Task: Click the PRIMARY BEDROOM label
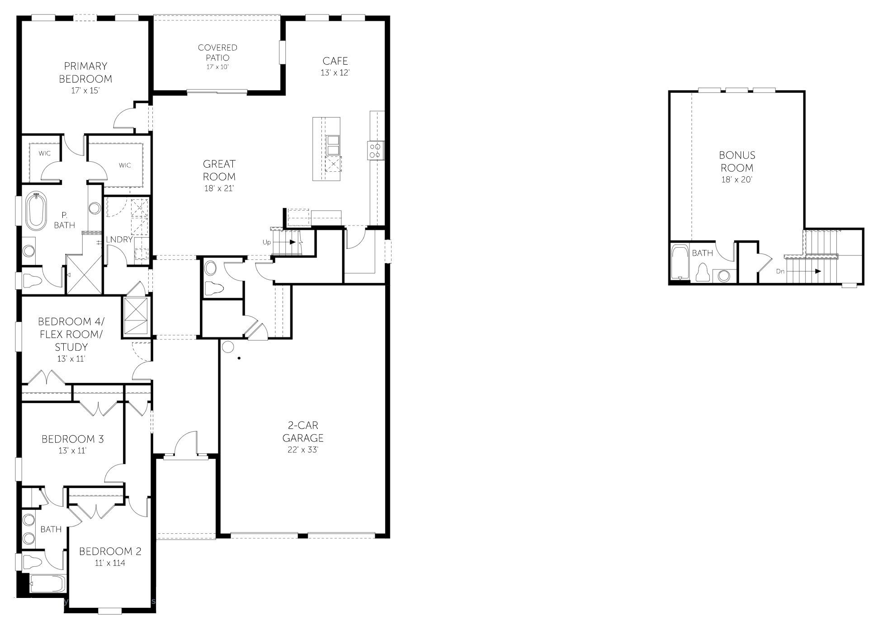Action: [x=85, y=72]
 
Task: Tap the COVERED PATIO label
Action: [x=217, y=52]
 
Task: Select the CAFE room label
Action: [x=335, y=61]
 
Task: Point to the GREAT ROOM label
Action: [x=219, y=170]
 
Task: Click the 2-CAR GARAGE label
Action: [x=303, y=431]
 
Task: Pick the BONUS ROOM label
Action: [x=737, y=161]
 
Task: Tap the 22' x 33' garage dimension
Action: [x=303, y=450]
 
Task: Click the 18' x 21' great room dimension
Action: [x=219, y=188]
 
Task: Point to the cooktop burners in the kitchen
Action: [x=375, y=150]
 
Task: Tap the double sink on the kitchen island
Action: [x=333, y=145]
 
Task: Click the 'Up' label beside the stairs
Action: [x=267, y=242]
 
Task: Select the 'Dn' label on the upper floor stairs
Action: [x=780, y=271]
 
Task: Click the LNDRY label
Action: [x=119, y=240]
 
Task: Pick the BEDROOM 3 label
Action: [x=73, y=439]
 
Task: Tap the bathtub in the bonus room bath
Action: [x=679, y=262]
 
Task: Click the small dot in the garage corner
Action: [x=239, y=358]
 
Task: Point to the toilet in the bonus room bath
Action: [x=702, y=273]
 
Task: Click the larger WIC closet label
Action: [x=125, y=165]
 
